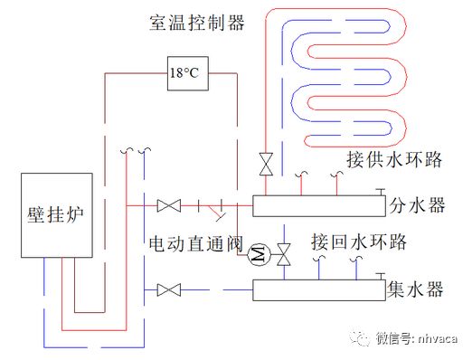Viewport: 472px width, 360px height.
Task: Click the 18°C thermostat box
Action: tap(187, 73)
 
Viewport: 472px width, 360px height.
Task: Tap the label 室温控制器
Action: tap(197, 24)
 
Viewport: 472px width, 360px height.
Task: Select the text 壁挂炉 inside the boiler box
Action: tap(56, 214)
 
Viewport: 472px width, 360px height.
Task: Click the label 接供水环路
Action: tap(394, 160)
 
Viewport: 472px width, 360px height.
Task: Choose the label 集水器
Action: tap(416, 289)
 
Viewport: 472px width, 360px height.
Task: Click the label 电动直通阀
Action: tap(194, 243)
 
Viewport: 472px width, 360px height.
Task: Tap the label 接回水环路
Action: tap(357, 243)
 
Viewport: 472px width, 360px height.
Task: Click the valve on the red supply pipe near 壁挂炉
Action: tap(168, 207)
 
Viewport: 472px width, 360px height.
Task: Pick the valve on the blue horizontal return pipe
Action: tap(168, 290)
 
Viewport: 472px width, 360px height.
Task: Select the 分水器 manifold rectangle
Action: tap(317, 206)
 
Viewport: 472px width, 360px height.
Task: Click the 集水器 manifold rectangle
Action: tap(317, 290)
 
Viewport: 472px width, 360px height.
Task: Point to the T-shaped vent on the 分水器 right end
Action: tap(383, 194)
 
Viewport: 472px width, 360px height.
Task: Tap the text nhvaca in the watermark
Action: tap(438, 339)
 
